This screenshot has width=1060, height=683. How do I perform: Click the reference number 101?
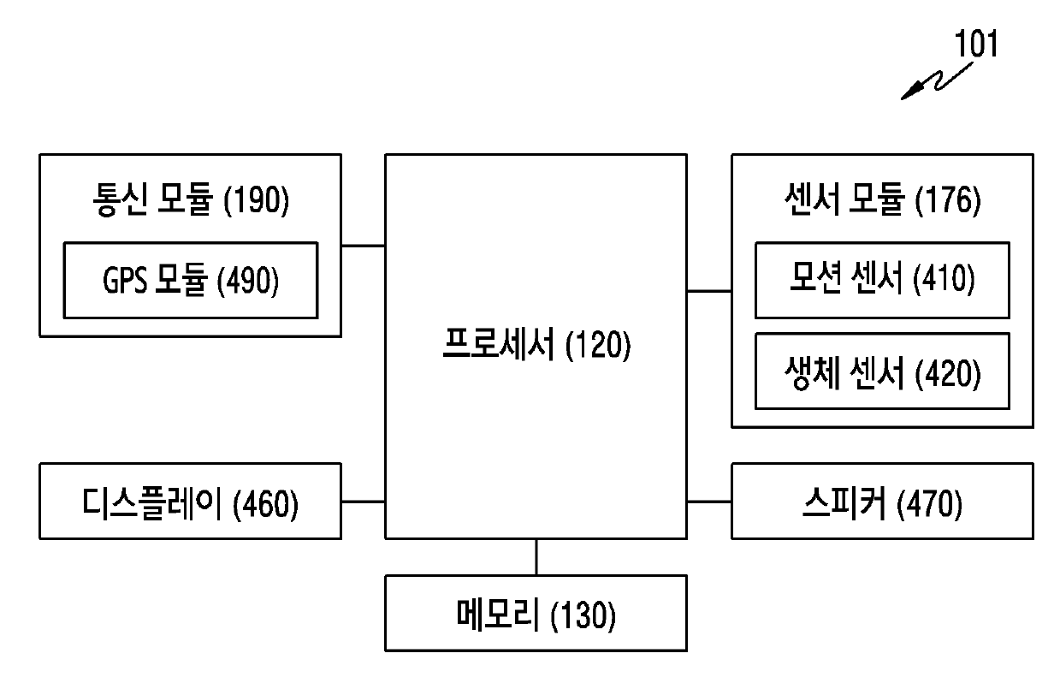coord(976,45)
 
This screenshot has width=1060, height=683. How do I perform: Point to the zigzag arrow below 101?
coord(933,84)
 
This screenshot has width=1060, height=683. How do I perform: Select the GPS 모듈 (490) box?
coord(190,281)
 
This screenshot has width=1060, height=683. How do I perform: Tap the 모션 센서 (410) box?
coord(881,280)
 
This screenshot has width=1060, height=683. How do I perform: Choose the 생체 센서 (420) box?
coord(881,371)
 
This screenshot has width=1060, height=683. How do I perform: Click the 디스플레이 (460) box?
coord(190,502)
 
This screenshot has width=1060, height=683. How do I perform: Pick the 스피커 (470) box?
coord(881,502)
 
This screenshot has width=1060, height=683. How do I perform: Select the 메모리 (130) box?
coord(536,614)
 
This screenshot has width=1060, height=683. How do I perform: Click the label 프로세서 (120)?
coord(536,347)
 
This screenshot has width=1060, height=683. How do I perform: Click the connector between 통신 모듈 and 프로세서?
coord(363,246)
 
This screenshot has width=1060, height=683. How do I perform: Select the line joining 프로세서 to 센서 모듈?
coord(708,291)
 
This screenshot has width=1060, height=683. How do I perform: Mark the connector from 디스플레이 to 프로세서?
coord(363,502)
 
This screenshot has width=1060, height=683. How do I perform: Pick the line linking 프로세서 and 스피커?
coord(708,502)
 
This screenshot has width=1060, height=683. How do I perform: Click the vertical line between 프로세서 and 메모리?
coord(536,557)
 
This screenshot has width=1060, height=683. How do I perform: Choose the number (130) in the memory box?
coord(584,615)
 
